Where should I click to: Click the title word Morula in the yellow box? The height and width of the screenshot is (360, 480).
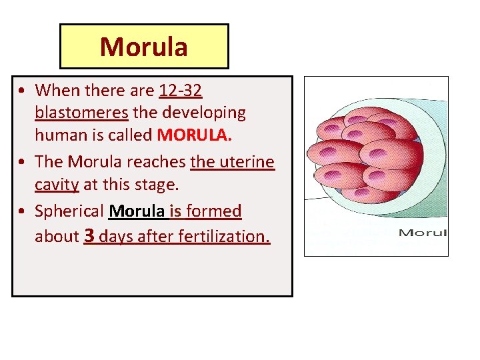pyautogui.click(x=143, y=47)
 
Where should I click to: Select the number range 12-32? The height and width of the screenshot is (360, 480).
pyautogui.click(x=181, y=89)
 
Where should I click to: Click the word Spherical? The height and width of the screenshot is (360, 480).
pyautogui.click(x=69, y=212)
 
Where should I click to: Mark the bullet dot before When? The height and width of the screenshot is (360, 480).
pyautogui.click(x=23, y=90)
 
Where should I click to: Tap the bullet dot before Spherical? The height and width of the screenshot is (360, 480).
pyautogui.click(x=23, y=212)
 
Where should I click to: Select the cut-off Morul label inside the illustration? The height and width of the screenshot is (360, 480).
pyautogui.click(x=423, y=233)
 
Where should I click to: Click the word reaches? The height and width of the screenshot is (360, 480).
pyautogui.click(x=159, y=162)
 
